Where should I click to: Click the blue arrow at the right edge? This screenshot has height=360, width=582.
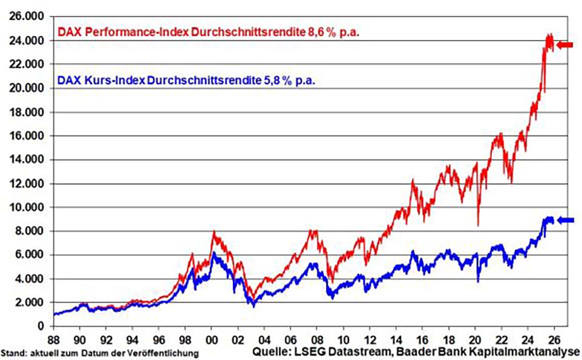[566, 220]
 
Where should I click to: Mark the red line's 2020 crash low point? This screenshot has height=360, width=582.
[477, 225]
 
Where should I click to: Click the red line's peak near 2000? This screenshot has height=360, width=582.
[213, 233]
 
